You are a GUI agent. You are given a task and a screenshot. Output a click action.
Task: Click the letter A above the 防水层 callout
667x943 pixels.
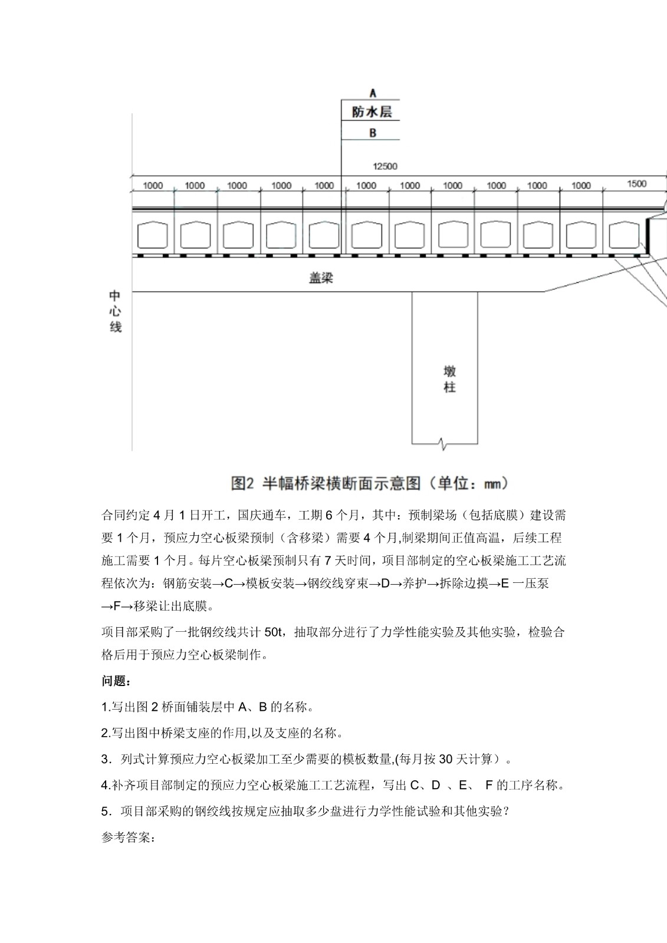coord(372,93)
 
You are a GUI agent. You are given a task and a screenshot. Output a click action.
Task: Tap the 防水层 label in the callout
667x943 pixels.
coord(372,112)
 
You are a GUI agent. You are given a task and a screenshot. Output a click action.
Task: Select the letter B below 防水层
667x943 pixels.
coord(372,133)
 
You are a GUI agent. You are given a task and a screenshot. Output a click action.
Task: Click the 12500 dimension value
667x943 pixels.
coord(385,166)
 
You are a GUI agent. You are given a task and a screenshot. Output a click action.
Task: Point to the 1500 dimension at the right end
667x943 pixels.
coord(636,184)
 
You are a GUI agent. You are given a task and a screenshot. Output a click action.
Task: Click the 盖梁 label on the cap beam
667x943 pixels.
coord(321,278)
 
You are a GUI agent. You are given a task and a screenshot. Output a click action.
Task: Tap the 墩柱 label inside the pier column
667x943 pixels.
coord(449,379)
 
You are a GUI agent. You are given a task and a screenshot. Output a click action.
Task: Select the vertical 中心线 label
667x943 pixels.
coord(116,311)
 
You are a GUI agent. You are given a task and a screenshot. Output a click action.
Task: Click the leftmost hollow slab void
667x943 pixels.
coord(152,235)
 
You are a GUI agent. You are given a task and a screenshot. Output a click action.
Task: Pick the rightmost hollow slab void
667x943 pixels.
coord(624,235)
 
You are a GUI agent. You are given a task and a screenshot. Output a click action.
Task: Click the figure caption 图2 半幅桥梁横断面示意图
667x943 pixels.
coord(369,484)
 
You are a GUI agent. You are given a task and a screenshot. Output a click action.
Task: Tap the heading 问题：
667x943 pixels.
coord(116,681)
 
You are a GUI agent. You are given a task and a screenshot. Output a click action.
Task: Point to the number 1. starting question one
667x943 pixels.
coord(106,707)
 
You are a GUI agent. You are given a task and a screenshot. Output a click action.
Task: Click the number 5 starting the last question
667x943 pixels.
coord(105,812)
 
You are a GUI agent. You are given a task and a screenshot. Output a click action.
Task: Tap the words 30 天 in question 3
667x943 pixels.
coord(454,759)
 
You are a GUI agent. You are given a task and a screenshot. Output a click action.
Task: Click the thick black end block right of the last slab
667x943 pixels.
coord(648,236)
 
